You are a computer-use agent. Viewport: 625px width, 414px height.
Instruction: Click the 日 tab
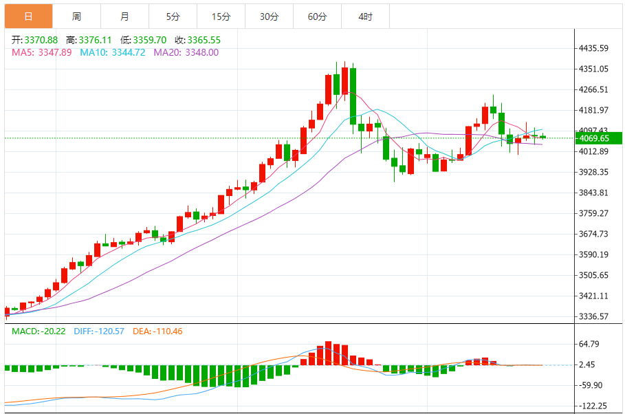(x=28, y=17)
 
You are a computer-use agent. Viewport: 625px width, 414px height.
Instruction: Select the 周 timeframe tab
(x=76, y=17)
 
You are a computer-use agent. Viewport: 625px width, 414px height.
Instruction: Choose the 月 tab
(x=124, y=17)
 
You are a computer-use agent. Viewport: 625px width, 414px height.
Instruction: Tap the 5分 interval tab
(x=173, y=17)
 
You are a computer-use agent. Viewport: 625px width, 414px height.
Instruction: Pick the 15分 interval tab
(x=221, y=17)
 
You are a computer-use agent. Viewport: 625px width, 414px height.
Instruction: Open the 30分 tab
(x=269, y=17)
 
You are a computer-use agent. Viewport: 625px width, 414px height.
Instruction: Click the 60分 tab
(x=317, y=17)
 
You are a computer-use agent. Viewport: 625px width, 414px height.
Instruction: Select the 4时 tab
(x=365, y=17)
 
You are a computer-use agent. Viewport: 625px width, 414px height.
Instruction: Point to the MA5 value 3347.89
(x=56, y=52)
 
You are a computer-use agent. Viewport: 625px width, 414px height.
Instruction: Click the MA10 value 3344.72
(x=127, y=52)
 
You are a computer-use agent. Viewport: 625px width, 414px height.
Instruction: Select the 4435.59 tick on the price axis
(x=595, y=48)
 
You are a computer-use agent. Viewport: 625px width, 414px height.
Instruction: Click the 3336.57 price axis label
(x=595, y=316)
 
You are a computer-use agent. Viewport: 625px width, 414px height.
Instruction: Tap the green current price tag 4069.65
(x=594, y=138)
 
